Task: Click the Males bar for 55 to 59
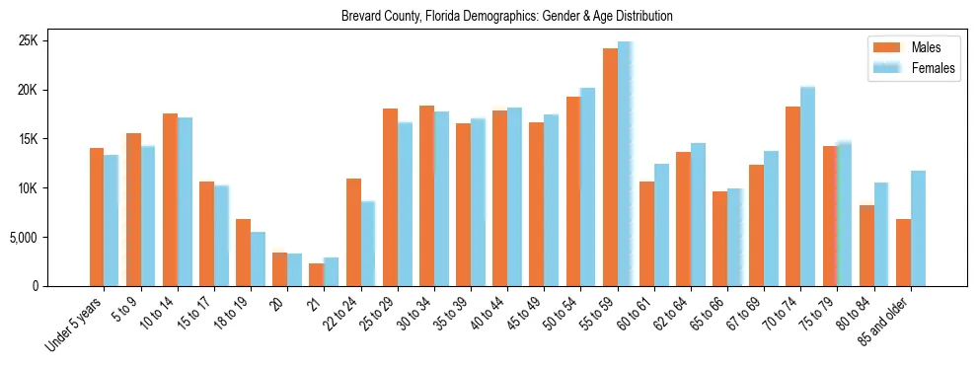(x=610, y=167)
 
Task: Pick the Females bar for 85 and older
(x=918, y=228)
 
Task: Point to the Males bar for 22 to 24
(x=353, y=232)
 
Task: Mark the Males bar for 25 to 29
(x=390, y=197)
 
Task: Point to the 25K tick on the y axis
(x=54, y=41)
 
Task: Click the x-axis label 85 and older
(x=891, y=320)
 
